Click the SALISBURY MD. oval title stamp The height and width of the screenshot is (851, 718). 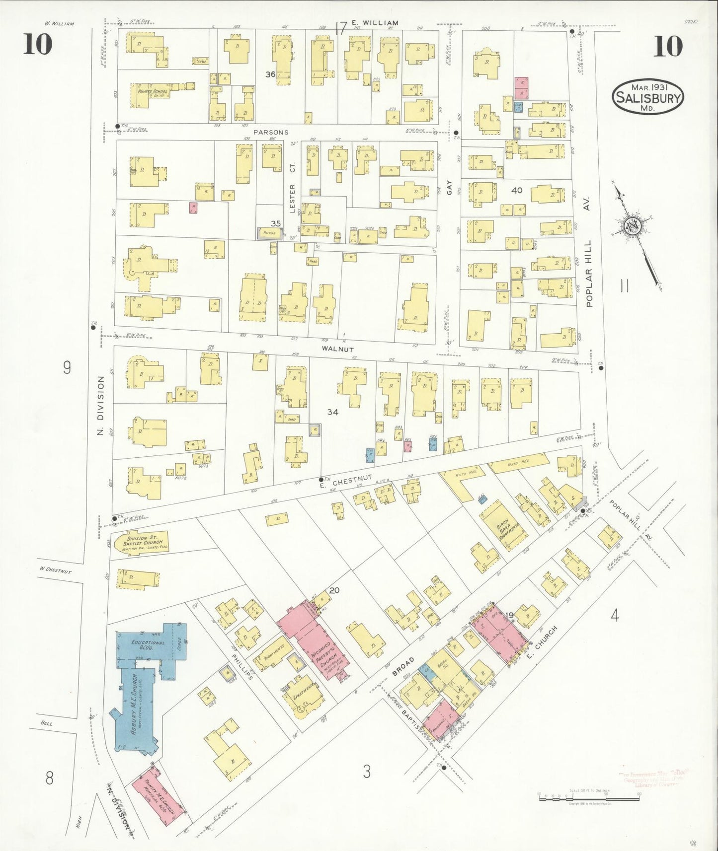pyautogui.click(x=648, y=97)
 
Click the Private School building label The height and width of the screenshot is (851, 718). pyautogui.click(x=153, y=92)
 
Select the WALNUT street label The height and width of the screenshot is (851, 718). pyautogui.click(x=337, y=349)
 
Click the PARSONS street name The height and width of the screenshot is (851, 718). pyautogui.click(x=271, y=132)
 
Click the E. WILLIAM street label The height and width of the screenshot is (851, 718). pyautogui.click(x=375, y=23)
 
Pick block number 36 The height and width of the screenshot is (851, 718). pyautogui.click(x=270, y=74)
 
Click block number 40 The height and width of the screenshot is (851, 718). pyautogui.click(x=517, y=190)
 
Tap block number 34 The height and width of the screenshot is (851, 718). pyautogui.click(x=332, y=412)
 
